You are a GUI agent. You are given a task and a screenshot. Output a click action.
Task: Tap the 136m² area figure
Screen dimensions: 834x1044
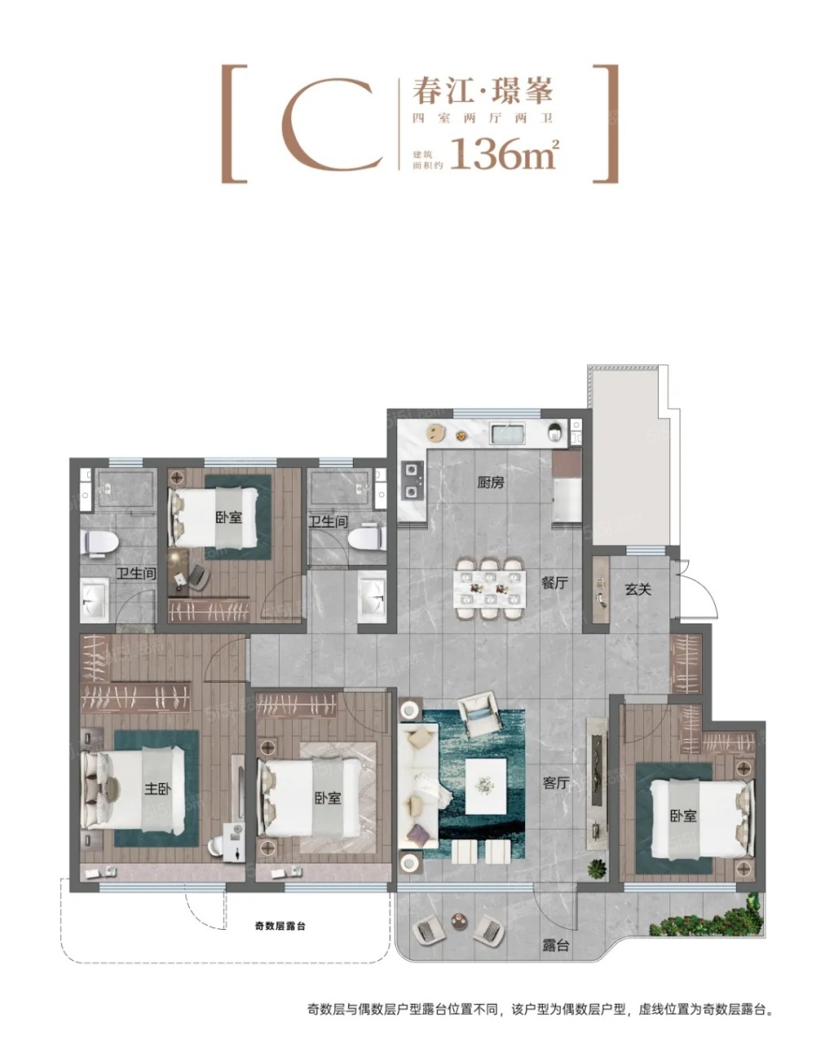[x=505, y=154]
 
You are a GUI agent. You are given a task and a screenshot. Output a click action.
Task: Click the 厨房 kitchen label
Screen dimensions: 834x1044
[x=491, y=482]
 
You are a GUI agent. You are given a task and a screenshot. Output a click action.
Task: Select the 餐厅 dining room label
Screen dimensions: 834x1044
[x=554, y=582]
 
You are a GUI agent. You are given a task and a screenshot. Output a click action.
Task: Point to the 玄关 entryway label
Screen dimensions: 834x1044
[x=638, y=590]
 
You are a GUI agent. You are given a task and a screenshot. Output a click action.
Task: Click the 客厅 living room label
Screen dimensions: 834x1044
[x=556, y=782]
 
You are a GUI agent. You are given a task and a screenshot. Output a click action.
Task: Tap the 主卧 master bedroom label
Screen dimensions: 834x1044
[x=158, y=789]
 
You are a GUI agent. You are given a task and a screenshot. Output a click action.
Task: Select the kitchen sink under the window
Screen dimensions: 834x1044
[x=508, y=433]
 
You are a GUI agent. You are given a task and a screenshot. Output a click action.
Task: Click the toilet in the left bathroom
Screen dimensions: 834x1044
[x=101, y=542]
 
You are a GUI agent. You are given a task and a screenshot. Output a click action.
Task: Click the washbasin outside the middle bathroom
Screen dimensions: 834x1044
[x=372, y=595]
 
